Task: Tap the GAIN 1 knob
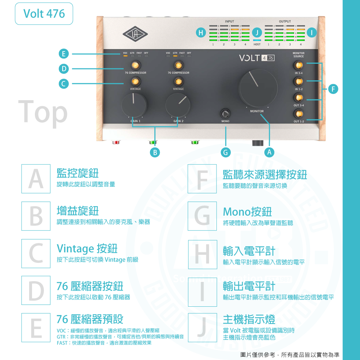tap(134, 104)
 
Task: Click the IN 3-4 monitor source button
tap(298, 66)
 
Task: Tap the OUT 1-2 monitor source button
tap(298, 114)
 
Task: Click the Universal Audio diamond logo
tap(136, 34)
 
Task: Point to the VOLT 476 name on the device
tap(256, 58)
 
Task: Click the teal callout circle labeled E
tap(64, 54)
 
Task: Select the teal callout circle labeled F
tap(334, 88)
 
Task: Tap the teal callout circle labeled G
tap(225, 153)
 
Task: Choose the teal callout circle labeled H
tap(201, 33)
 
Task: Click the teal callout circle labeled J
tap(257, 33)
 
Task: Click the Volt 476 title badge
tap(44, 14)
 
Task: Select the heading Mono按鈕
tap(247, 211)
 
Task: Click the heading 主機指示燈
tap(249, 319)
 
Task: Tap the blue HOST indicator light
tap(257, 40)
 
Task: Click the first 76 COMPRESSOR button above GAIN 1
tap(135, 65)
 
